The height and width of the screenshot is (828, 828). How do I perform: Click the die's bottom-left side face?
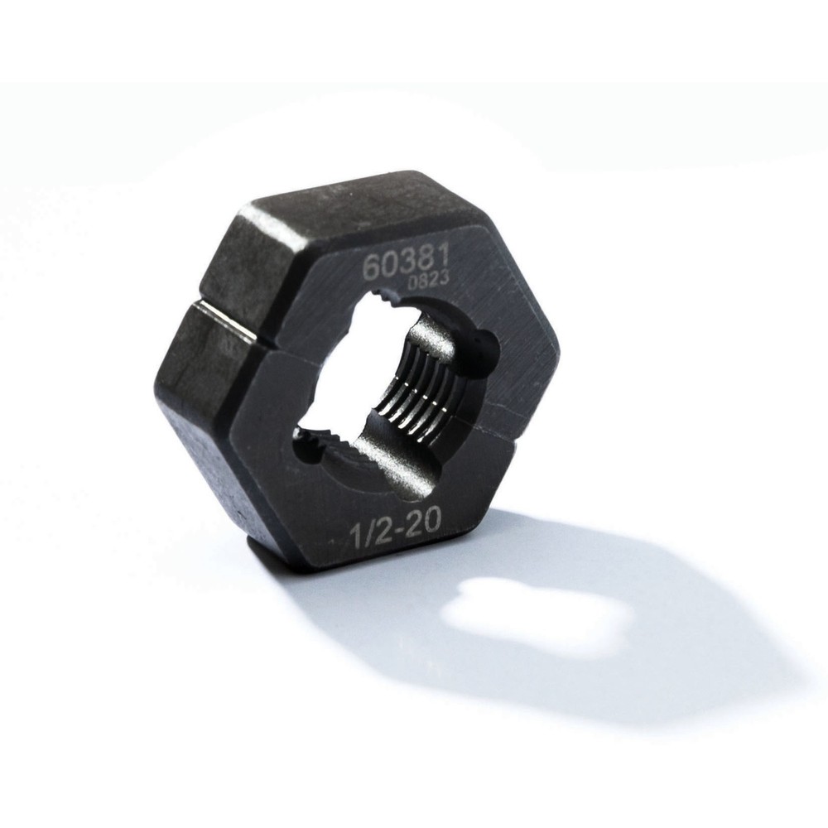coord(207,464)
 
